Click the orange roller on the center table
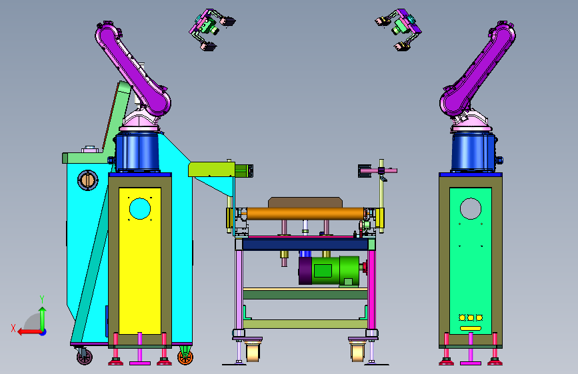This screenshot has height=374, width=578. pyautogui.click(x=305, y=214)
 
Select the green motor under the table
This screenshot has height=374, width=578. pyautogui.click(x=329, y=271)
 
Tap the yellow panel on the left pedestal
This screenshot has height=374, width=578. pyautogui.click(x=140, y=261)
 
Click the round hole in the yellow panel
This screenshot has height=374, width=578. pyautogui.click(x=140, y=209)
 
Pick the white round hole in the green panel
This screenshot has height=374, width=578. pyautogui.click(x=471, y=209)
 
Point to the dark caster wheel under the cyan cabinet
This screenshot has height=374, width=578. pyautogui.click(x=85, y=357)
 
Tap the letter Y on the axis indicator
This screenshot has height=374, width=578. pyautogui.click(x=42, y=299)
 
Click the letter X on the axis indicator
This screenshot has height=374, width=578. pyautogui.click(x=13, y=328)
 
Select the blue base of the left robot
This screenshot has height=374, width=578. pyautogui.click(x=137, y=152)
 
